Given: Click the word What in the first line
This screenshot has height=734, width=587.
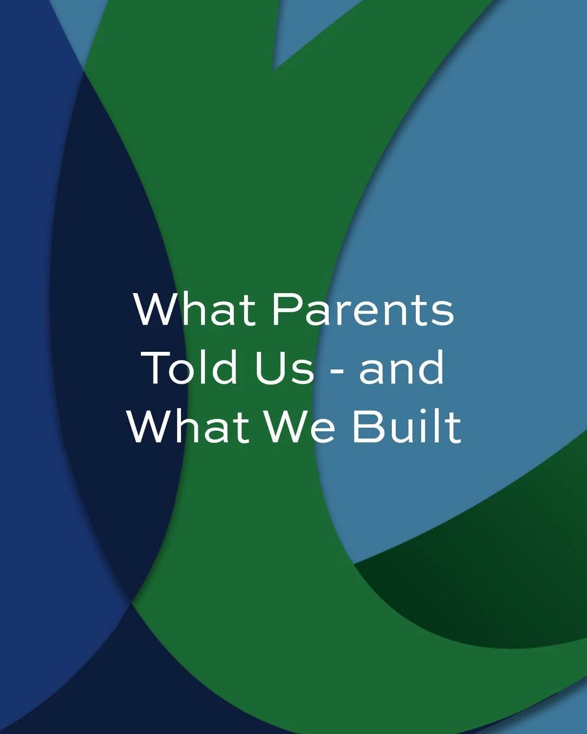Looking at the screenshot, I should [x=195, y=309].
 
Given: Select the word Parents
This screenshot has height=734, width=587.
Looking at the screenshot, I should [x=363, y=309].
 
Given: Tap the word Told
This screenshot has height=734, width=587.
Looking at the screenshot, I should [x=193, y=368].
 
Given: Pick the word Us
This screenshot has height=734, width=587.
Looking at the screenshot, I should [x=284, y=368].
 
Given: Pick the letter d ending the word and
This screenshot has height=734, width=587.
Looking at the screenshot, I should [x=432, y=368].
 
